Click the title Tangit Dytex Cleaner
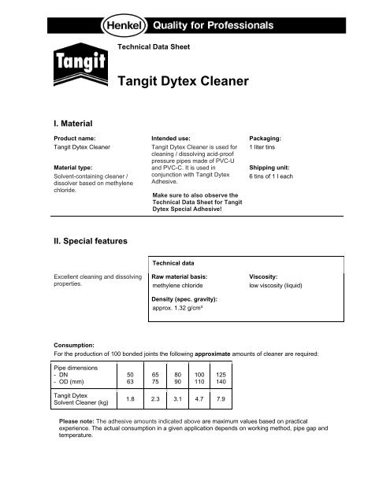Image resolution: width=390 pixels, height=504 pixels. pyautogui.click(x=183, y=80)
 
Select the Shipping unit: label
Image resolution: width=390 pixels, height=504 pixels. pyautogui.click(x=272, y=168)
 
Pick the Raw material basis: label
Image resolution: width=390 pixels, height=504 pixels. pyautogui.click(x=180, y=278)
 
